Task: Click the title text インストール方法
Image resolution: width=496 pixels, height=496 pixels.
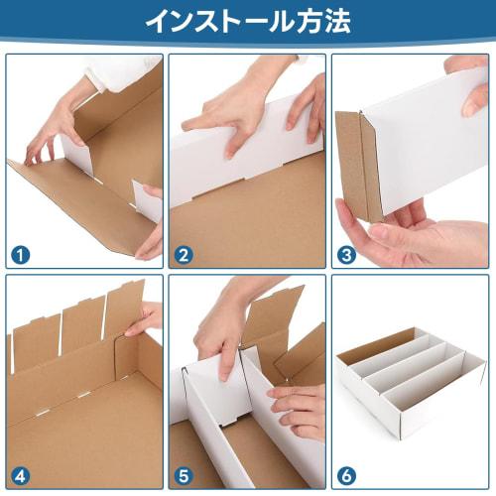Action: (x=247, y=21)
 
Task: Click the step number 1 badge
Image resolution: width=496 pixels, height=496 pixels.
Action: (x=21, y=255)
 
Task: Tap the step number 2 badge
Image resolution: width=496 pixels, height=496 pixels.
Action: (x=184, y=255)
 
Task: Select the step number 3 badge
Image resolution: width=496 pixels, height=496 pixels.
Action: (x=346, y=255)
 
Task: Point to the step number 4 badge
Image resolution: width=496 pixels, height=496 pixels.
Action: (x=21, y=474)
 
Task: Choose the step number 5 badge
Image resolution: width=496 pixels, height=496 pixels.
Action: (x=184, y=474)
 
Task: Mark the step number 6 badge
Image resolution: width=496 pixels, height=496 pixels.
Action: (x=346, y=474)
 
